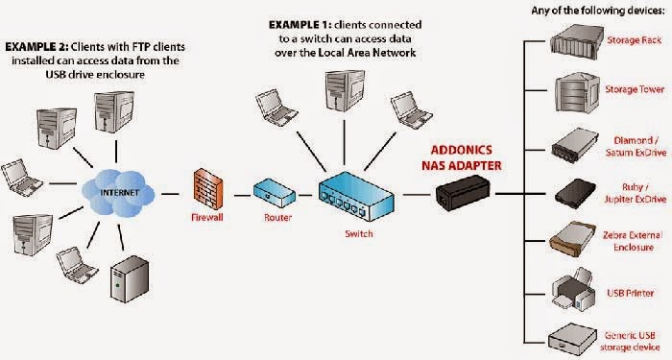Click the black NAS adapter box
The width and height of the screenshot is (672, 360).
coord(461,196)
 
